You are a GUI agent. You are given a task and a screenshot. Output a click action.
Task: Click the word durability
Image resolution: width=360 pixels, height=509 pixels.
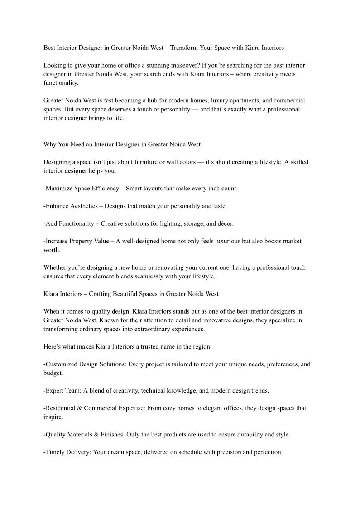(245, 435)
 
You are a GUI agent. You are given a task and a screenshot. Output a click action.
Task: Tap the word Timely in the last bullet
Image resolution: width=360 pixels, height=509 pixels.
(56, 452)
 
